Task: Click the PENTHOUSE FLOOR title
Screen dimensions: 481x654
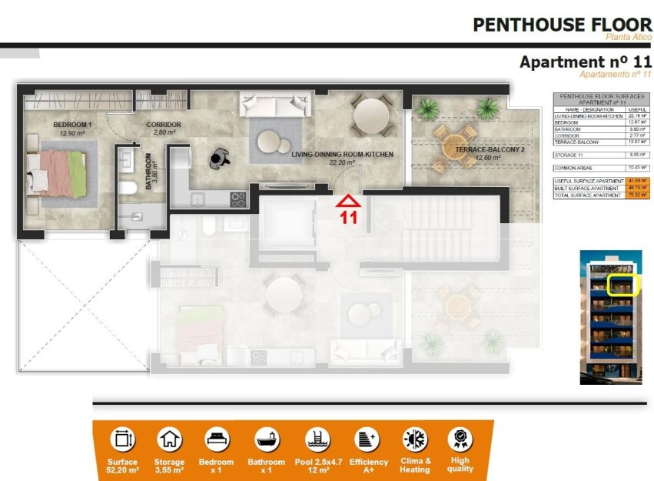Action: (x=562, y=25)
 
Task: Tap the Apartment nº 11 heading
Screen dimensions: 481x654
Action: (x=585, y=62)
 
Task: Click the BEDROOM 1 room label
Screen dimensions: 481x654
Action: (x=72, y=129)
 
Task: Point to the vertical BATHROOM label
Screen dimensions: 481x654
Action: (x=151, y=165)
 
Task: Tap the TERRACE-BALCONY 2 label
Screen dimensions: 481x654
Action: (x=477, y=153)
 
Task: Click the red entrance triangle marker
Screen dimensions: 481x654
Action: (x=349, y=202)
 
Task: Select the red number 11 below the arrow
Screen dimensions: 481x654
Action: (x=349, y=218)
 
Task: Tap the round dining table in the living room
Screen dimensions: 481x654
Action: (x=370, y=115)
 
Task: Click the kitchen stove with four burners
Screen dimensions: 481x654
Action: (x=238, y=199)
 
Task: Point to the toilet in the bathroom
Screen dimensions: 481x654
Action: (x=129, y=187)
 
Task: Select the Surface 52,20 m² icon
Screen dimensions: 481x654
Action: (x=123, y=440)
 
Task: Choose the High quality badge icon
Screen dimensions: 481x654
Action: (x=460, y=440)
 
